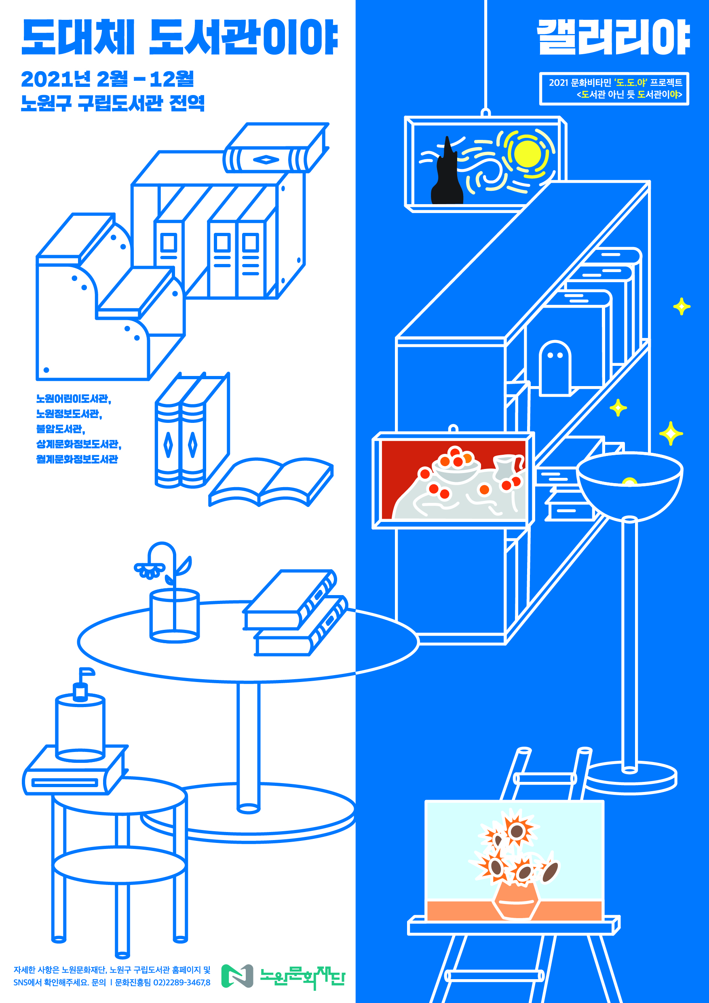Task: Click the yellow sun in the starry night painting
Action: (x=528, y=153)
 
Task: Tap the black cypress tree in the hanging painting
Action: (x=447, y=179)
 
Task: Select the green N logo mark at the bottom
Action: (x=237, y=976)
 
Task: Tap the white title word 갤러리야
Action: (x=612, y=38)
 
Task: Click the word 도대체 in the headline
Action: (x=77, y=38)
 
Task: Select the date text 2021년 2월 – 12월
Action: (x=108, y=79)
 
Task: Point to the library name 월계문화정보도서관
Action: (x=77, y=459)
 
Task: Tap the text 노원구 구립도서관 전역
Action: (x=113, y=103)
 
